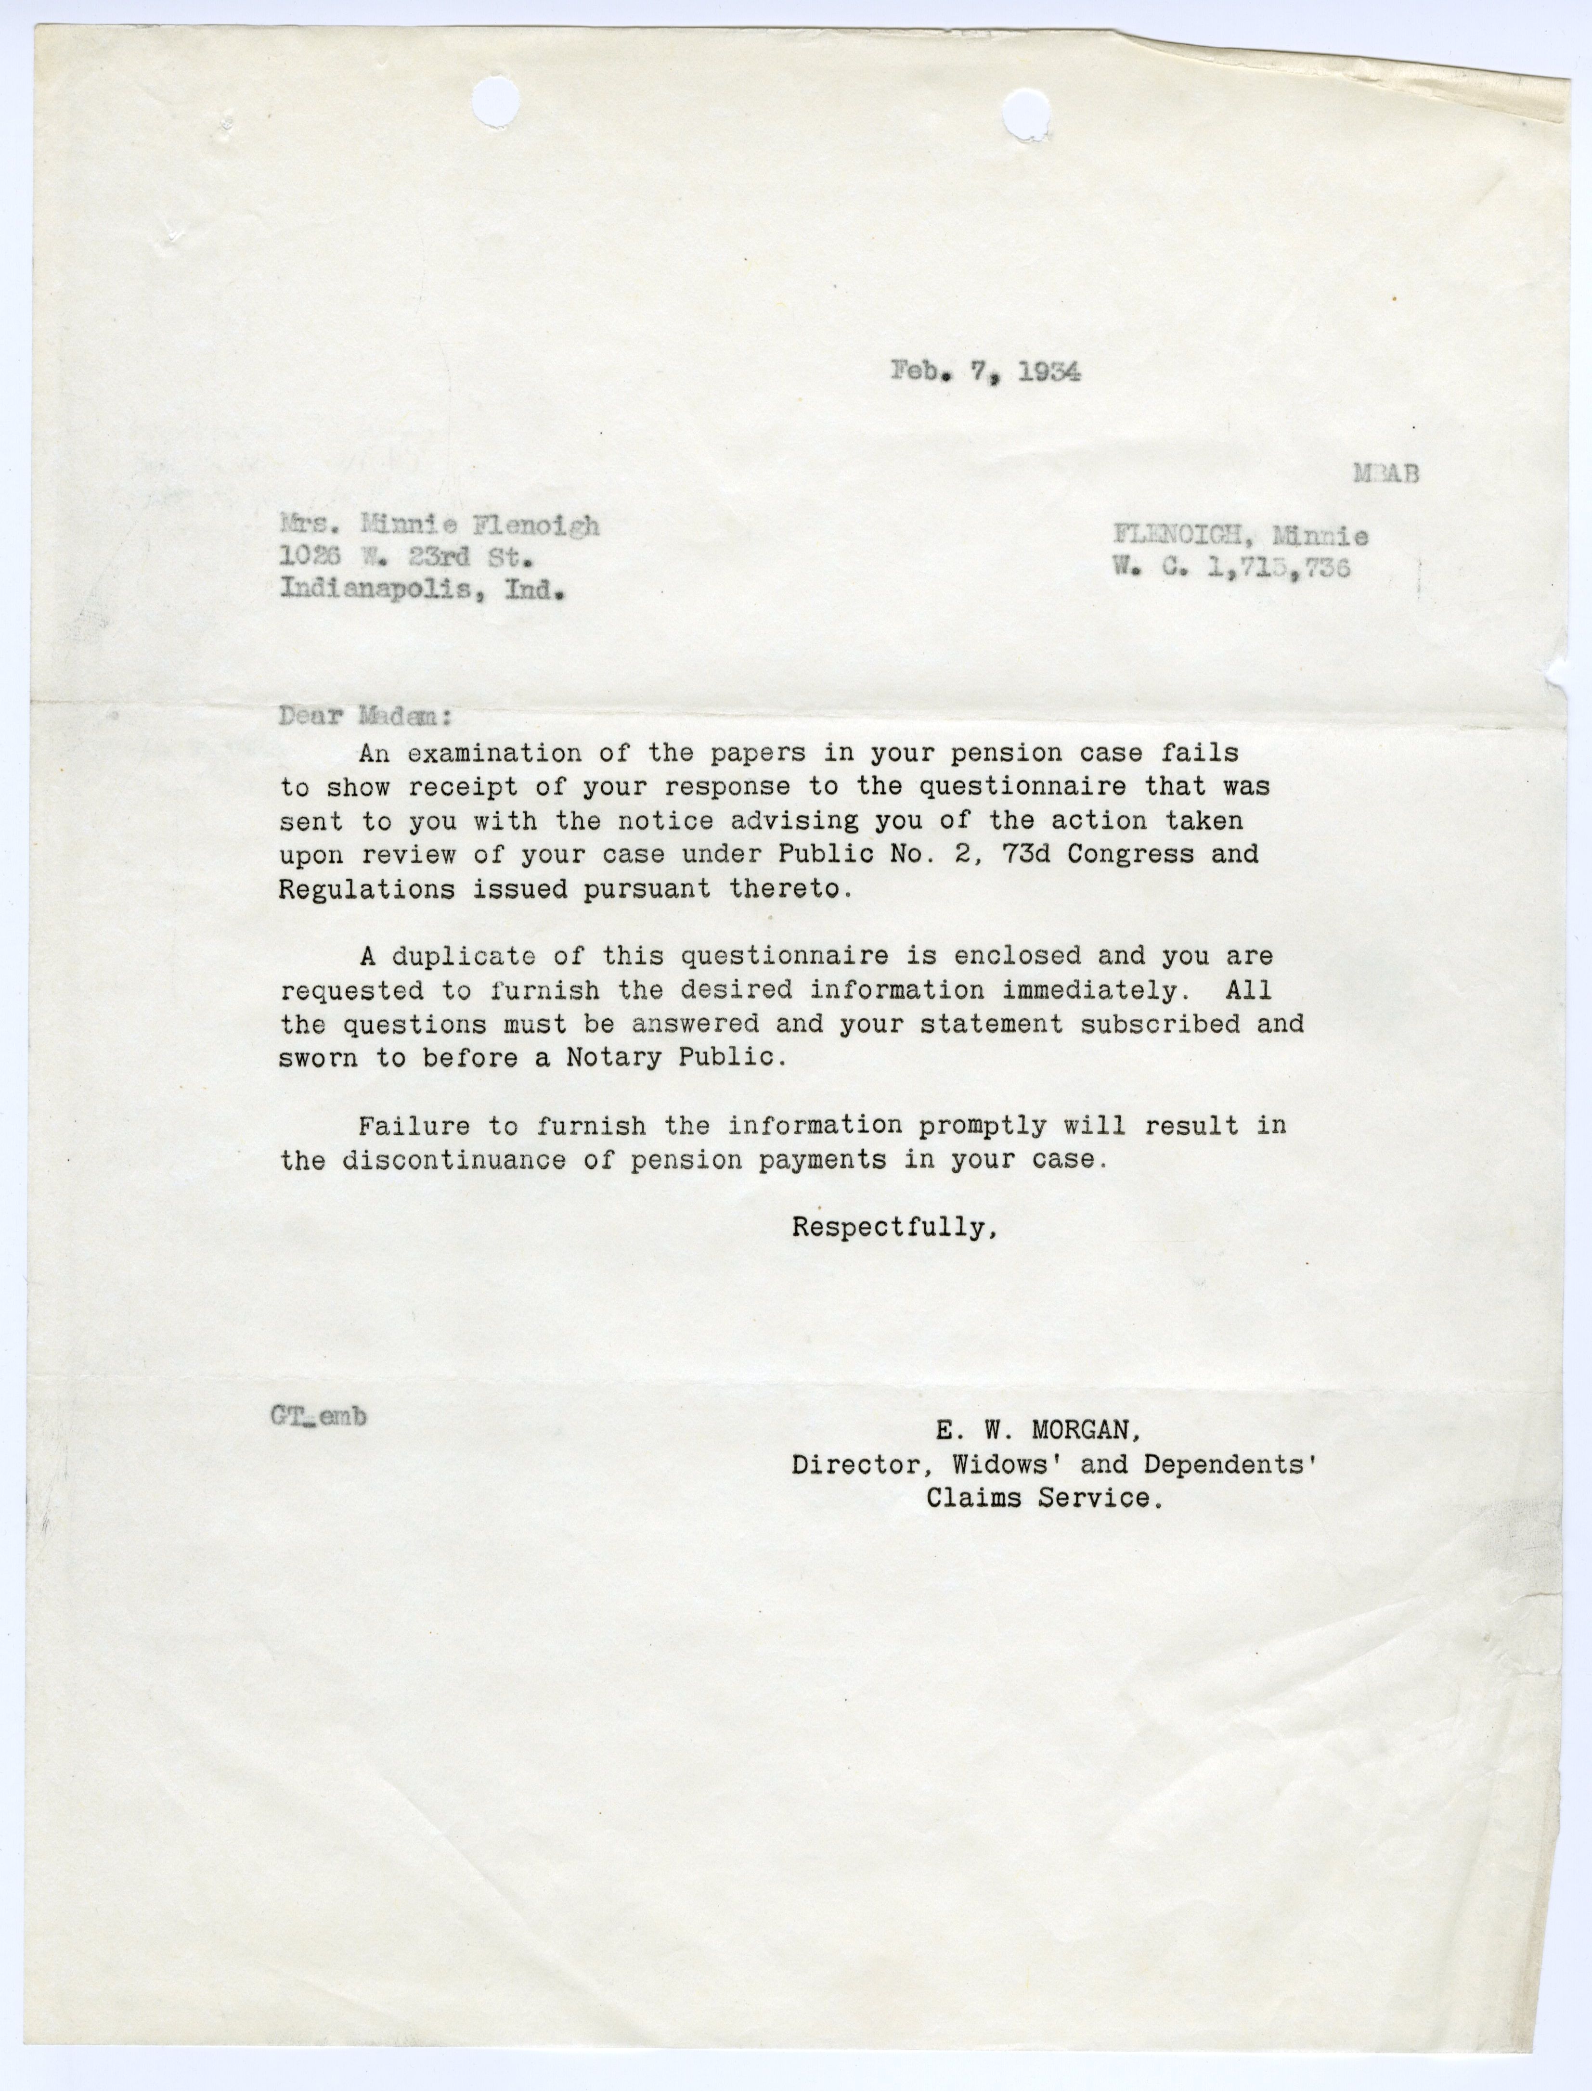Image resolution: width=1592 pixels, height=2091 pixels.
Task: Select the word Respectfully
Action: (893, 1228)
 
